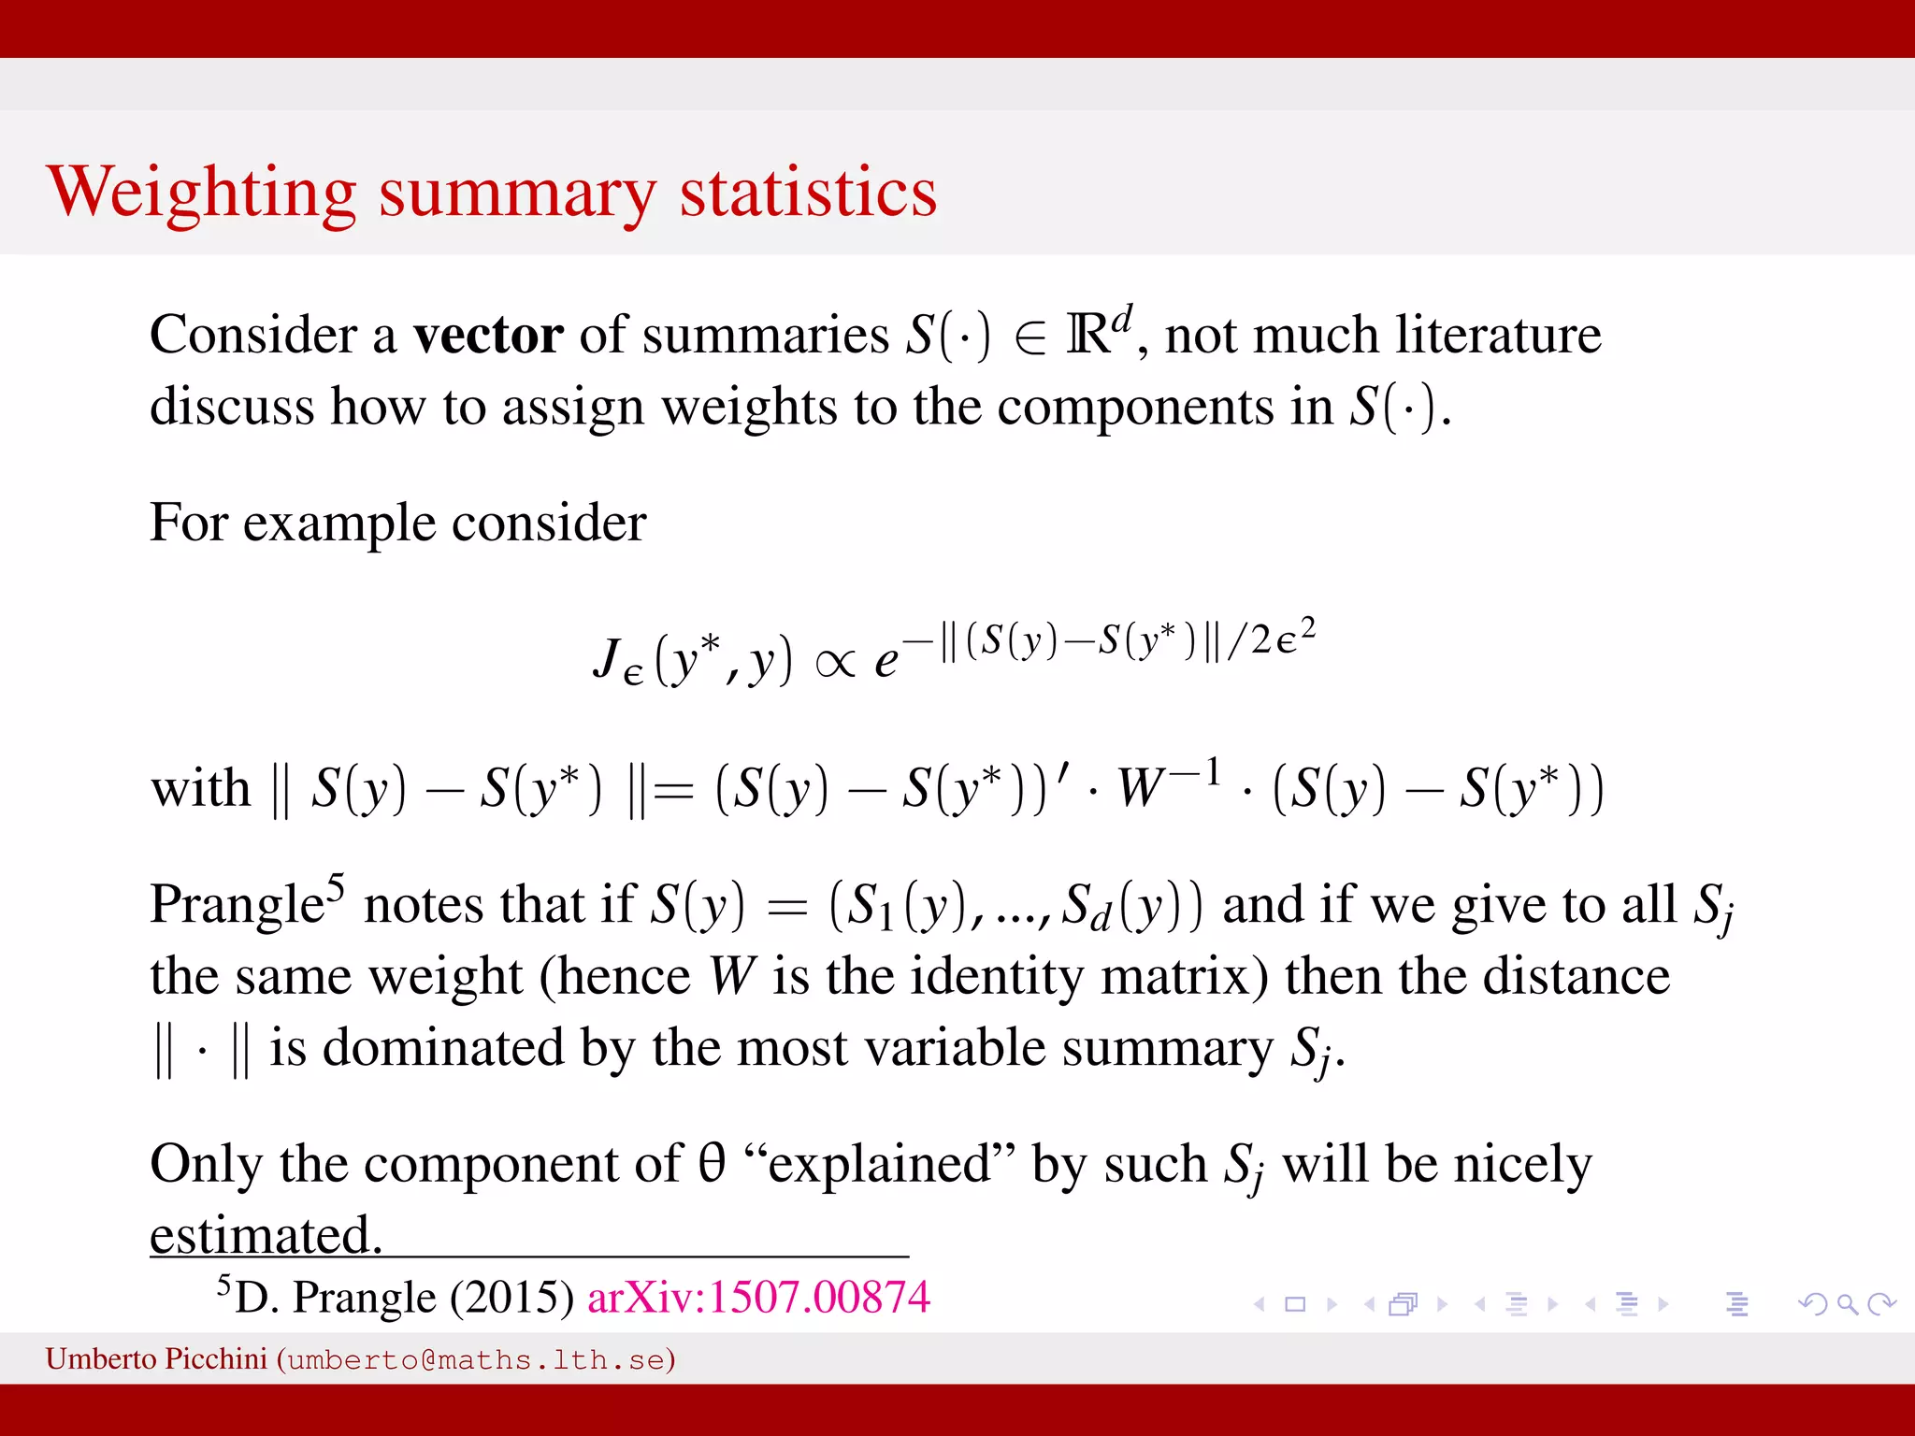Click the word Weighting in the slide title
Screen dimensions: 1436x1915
(202, 193)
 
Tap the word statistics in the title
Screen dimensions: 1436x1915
(808, 193)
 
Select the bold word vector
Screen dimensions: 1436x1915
(488, 335)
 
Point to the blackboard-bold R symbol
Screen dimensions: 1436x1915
(1087, 335)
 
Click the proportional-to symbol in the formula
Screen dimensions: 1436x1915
(835, 663)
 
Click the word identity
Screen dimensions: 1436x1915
(997, 976)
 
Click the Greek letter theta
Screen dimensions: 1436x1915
(712, 1163)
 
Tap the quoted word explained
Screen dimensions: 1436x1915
(880, 1165)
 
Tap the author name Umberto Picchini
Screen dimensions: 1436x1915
(156, 1358)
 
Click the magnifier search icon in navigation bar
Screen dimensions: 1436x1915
(1847, 1303)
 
